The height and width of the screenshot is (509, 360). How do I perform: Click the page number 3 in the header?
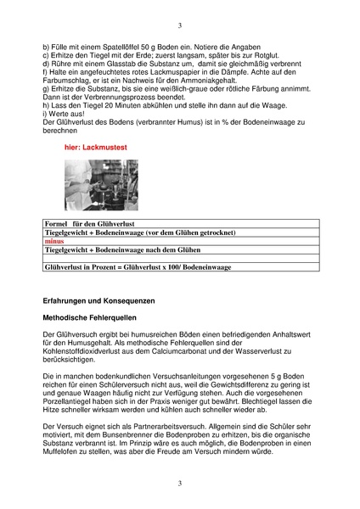180,25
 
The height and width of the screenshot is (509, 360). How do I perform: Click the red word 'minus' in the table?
53,241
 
